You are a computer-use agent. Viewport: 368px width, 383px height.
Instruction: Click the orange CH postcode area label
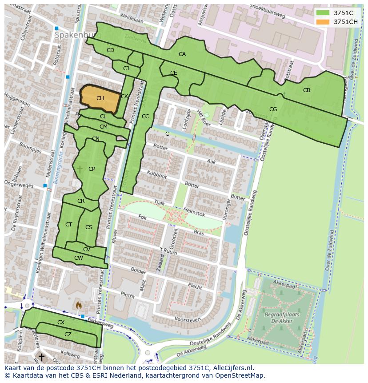pyautogui.click(x=100, y=98)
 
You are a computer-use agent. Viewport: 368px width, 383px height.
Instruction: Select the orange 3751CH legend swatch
pyautogui.click(x=323, y=22)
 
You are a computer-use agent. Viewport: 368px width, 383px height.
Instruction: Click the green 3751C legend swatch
pyautogui.click(x=323, y=13)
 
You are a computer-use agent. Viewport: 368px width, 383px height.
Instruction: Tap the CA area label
pyautogui.click(x=182, y=54)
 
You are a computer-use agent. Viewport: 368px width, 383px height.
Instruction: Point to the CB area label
pyautogui.click(x=307, y=90)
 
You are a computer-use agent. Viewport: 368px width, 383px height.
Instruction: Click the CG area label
pyautogui.click(x=273, y=109)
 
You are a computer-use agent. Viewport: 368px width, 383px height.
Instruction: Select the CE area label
pyautogui.click(x=174, y=73)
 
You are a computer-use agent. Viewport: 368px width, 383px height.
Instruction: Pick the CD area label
pyautogui.click(x=110, y=50)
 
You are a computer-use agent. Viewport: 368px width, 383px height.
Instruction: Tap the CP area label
pyautogui.click(x=92, y=169)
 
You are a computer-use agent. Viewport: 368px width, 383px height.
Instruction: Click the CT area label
pyautogui.click(x=68, y=225)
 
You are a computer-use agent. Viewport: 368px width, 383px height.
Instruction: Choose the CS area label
pyautogui.click(x=89, y=227)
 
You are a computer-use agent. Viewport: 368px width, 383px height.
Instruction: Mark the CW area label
pyautogui.click(x=78, y=258)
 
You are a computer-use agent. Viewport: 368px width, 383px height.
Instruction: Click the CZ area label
pyautogui.click(x=68, y=335)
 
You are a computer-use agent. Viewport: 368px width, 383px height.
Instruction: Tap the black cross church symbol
pyautogui.click(x=41, y=357)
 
